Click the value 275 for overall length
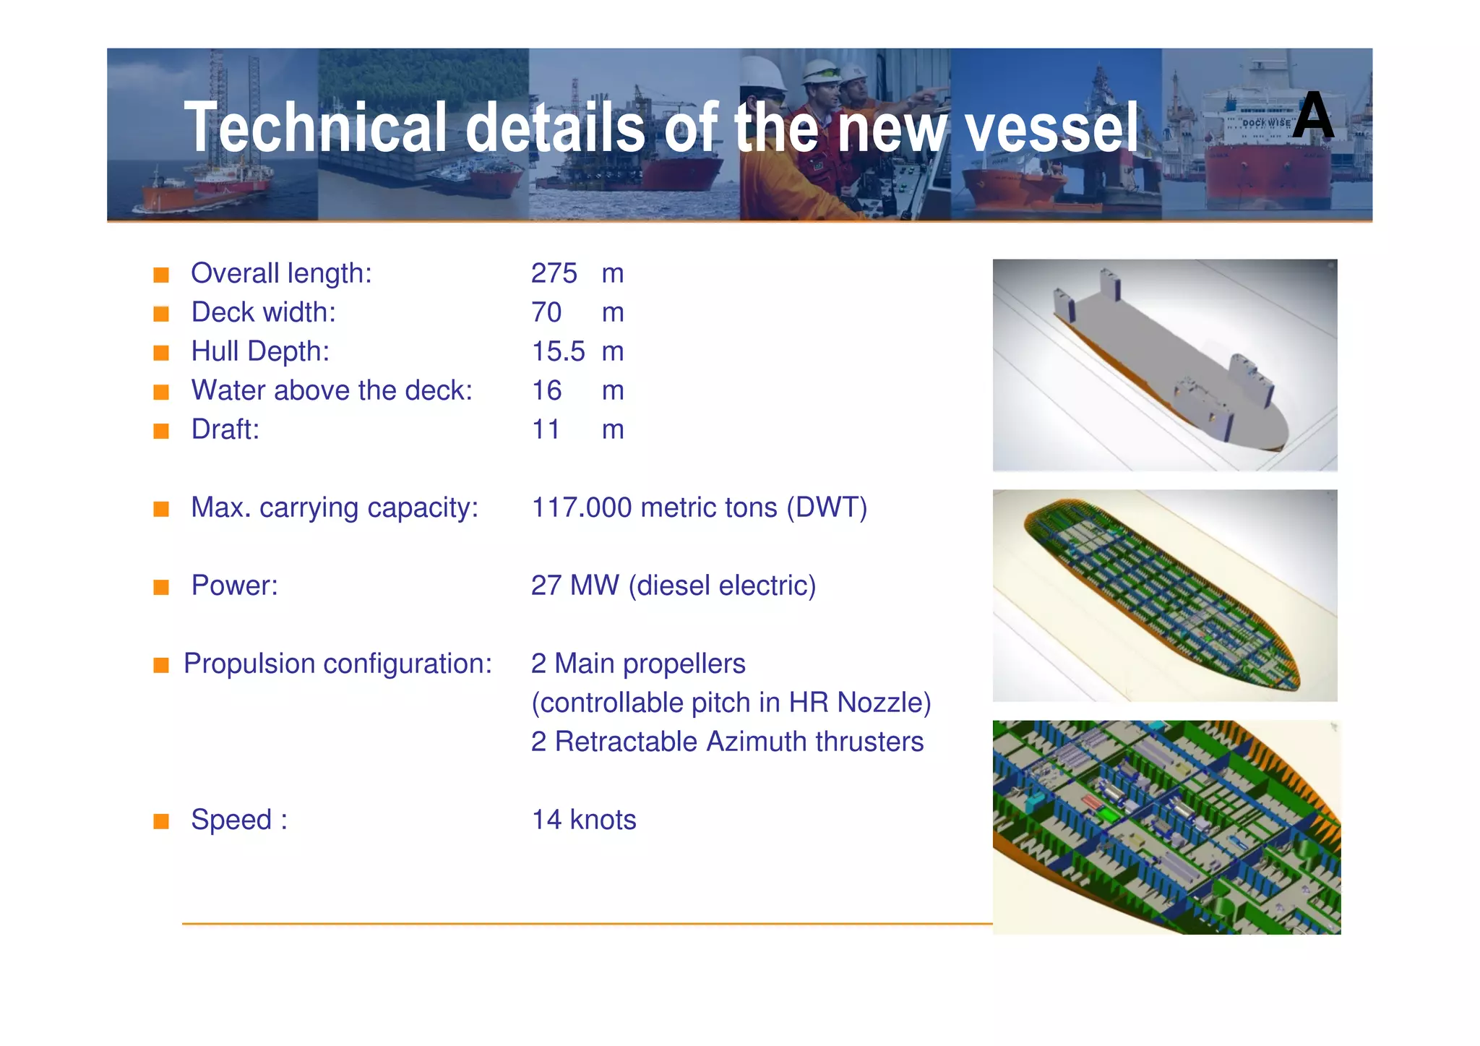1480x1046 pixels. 554,273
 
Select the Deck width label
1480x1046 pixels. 263,312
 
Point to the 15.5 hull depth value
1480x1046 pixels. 558,351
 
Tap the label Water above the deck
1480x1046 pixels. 331,390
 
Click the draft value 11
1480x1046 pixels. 546,429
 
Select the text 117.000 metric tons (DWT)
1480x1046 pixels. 699,507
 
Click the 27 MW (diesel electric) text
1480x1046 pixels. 673,586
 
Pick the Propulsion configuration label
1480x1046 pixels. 337,664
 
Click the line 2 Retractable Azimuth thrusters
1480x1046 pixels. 727,742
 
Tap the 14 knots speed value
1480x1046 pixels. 584,820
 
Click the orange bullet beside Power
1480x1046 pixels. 161,587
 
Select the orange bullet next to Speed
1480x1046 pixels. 161,821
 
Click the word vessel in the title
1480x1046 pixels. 1052,129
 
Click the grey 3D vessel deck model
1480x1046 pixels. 1164,365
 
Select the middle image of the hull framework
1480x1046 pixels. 1164,595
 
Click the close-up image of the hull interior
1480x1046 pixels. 1166,827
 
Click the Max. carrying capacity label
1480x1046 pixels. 334,507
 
